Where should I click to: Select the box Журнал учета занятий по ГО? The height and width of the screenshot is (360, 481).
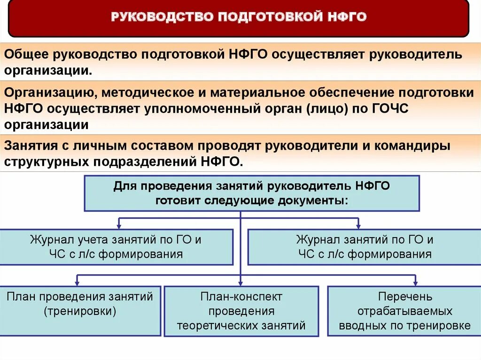(116, 247)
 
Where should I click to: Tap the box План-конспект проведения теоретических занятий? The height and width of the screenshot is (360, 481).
(241, 311)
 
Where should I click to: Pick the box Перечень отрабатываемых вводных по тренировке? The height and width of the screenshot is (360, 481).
(404, 311)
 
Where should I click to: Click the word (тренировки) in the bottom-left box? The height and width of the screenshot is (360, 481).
(80, 311)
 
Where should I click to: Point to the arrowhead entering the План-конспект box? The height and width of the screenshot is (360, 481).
(240, 283)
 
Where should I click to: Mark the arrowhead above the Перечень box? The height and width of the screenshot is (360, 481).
(415, 283)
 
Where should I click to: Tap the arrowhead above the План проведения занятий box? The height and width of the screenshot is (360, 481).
(77, 283)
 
